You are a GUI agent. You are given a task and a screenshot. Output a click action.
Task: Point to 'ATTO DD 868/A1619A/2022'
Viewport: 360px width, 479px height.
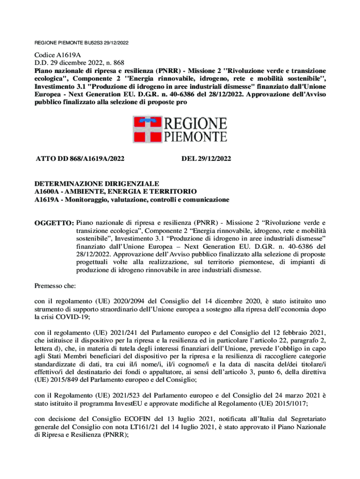pyautogui.click(x=80, y=159)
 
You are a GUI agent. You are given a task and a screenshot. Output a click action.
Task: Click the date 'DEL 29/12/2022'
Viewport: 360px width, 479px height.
pyautogui.click(x=206, y=159)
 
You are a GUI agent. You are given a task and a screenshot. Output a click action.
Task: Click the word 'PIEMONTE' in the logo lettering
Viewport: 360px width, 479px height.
pyautogui.click(x=195, y=137)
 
